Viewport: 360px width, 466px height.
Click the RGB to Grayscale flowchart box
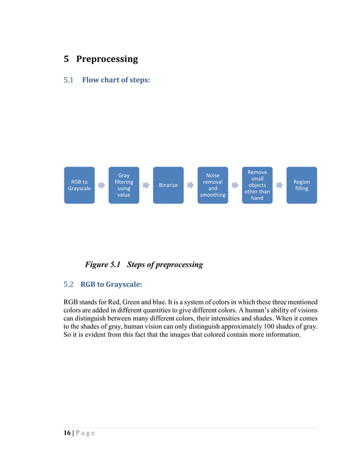click(79, 185)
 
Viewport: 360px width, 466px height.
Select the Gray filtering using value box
click(124, 185)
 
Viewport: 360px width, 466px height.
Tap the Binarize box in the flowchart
click(168, 185)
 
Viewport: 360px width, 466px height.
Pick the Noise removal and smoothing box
click(213, 185)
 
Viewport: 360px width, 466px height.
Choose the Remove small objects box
click(257, 185)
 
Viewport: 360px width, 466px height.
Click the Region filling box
click(301, 185)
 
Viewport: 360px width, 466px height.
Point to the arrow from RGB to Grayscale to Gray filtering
click(102, 185)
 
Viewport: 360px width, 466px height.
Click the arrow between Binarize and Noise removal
click(191, 185)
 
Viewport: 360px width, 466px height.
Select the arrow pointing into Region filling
click(279, 185)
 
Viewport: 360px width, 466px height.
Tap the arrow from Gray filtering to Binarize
click(146, 185)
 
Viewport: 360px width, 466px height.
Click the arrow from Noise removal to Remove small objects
click(235, 185)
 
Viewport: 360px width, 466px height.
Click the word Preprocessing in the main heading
click(107, 59)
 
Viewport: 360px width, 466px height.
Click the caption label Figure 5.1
click(104, 264)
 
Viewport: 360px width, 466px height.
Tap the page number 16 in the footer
click(67, 433)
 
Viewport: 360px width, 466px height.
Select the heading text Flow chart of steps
click(116, 80)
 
